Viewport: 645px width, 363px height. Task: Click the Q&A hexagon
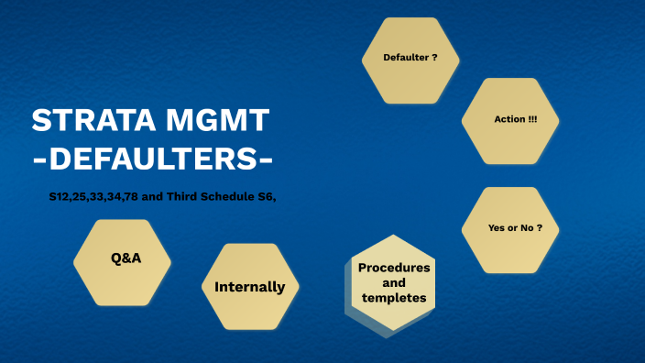click(x=123, y=258)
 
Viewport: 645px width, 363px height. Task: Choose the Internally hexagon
click(x=249, y=287)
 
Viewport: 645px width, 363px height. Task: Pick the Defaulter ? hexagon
click(x=410, y=58)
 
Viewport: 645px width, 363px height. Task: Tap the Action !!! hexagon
click(x=511, y=120)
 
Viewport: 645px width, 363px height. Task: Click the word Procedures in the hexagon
click(x=394, y=267)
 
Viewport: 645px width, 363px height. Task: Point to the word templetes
click(x=394, y=299)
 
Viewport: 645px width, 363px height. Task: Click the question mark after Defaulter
click(x=434, y=58)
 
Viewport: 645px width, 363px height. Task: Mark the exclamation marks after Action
click(x=533, y=120)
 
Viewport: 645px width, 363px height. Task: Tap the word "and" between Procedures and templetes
click(x=394, y=283)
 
